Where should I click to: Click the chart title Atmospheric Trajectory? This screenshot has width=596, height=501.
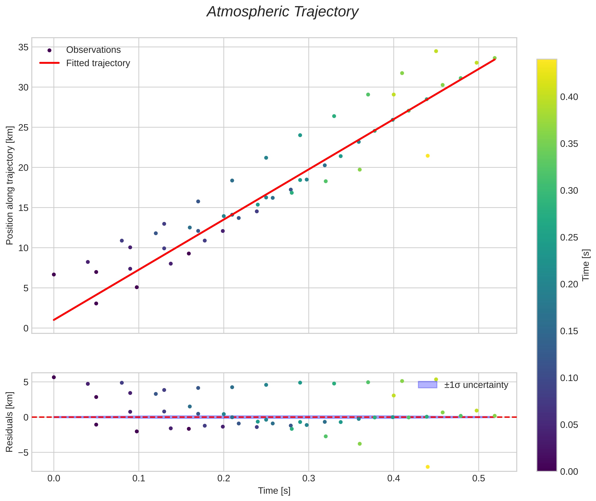pos(283,12)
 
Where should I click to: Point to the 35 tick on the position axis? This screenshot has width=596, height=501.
pos(23,47)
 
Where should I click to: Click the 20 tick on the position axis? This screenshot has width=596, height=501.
pos(23,168)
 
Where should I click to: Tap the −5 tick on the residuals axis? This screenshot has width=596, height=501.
pos(21,452)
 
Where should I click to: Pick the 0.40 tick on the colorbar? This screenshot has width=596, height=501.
pos(569,97)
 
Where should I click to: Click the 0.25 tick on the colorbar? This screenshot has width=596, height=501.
pos(569,237)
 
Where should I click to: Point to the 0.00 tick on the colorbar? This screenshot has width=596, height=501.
pos(569,472)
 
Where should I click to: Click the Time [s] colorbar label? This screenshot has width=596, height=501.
pos(586,265)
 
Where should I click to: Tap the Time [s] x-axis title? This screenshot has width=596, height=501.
pos(274,491)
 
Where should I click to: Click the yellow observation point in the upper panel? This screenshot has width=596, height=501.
pos(428,156)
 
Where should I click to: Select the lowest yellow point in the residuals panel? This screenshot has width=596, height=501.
pos(428,467)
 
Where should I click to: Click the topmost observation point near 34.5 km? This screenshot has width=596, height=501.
pos(436,51)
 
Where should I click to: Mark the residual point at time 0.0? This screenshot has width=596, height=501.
pos(54,377)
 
